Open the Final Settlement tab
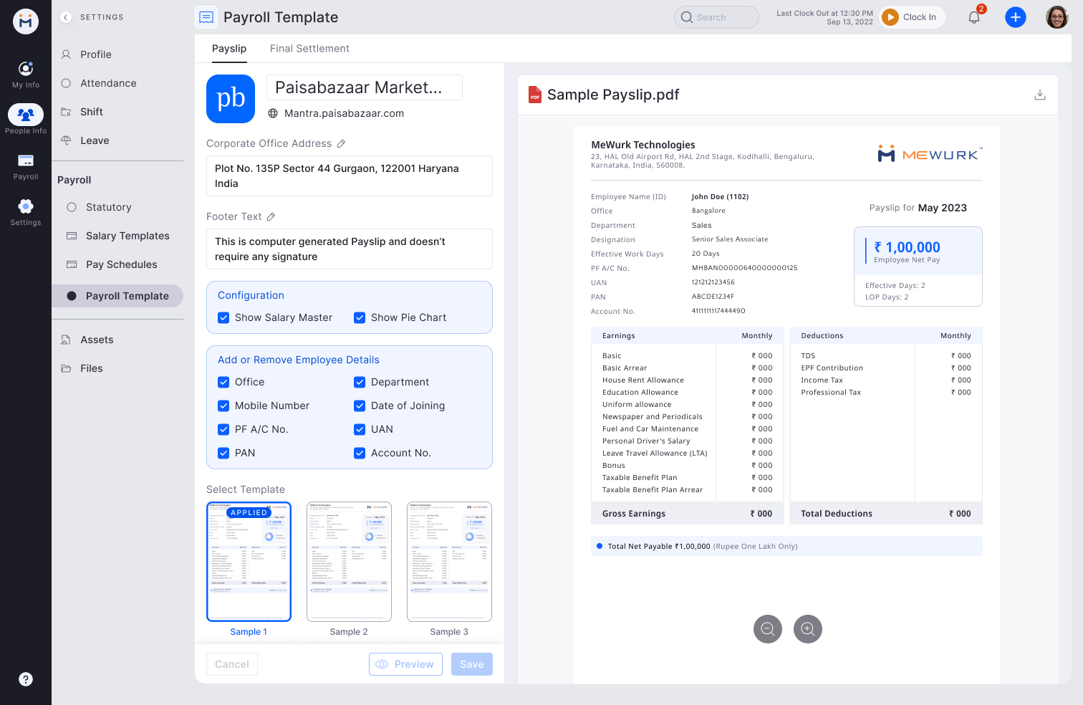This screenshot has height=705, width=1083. point(309,49)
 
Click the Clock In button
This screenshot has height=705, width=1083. point(912,17)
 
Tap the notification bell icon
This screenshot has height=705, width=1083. point(974,18)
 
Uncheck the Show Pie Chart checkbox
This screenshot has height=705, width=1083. point(360,317)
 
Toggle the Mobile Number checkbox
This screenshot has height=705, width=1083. point(223,406)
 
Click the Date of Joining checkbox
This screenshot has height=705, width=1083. point(360,406)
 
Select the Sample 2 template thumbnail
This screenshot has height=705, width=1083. point(349,562)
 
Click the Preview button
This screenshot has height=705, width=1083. point(405,664)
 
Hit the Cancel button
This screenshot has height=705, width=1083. point(232,664)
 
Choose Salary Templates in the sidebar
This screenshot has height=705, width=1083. point(127,236)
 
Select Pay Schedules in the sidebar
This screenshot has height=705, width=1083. point(121,264)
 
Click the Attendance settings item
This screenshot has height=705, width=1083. point(108,83)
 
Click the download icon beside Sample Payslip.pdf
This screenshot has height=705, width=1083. point(1040,95)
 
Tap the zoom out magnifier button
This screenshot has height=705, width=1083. point(768,629)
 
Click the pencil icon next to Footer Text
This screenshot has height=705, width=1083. point(271,216)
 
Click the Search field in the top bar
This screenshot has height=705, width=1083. point(716,17)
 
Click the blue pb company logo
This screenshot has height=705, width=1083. point(231,99)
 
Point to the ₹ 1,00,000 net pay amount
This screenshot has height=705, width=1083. point(908,247)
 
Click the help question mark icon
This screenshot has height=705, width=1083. point(26,679)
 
